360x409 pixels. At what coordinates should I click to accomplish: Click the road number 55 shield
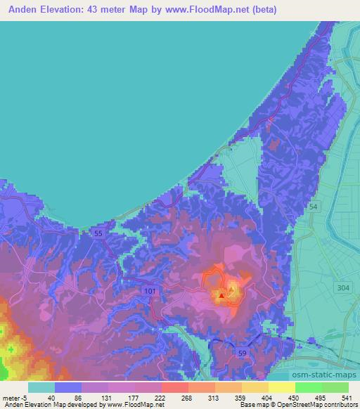(99, 233)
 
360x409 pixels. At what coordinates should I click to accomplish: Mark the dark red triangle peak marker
(222, 296)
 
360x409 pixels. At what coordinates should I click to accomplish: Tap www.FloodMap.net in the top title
(195, 10)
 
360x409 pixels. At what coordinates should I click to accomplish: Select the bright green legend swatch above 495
(309, 387)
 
